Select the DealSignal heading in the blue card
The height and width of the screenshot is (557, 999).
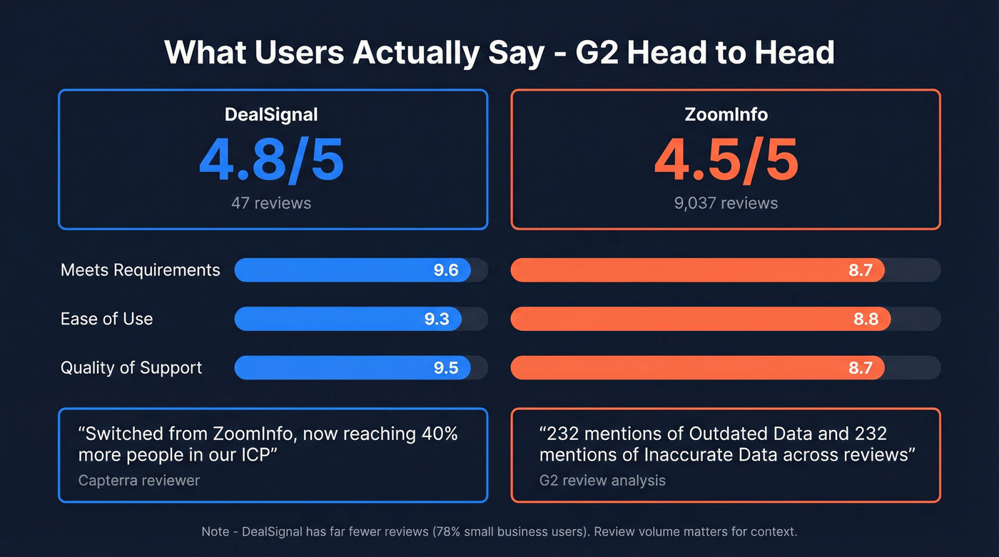pyautogui.click(x=271, y=114)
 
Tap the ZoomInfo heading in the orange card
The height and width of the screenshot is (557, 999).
pyautogui.click(x=726, y=114)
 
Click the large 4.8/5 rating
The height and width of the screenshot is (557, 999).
pyautogui.click(x=271, y=160)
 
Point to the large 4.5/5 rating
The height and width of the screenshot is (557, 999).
pyautogui.click(x=726, y=160)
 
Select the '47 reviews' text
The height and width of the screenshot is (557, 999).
pyautogui.click(x=271, y=203)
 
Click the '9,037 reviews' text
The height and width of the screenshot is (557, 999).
pyautogui.click(x=726, y=203)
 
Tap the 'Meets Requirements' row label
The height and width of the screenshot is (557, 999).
pyautogui.click(x=141, y=270)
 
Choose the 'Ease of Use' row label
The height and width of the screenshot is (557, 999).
pyautogui.click(x=106, y=319)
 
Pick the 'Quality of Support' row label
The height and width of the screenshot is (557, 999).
pyautogui.click(x=131, y=368)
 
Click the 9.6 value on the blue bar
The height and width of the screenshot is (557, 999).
pyautogui.click(x=446, y=270)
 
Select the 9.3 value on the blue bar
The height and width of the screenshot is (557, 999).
pyautogui.click(x=437, y=319)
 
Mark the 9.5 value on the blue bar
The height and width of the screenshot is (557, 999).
pyautogui.click(x=446, y=368)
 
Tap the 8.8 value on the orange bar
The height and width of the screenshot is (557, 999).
pyautogui.click(x=866, y=319)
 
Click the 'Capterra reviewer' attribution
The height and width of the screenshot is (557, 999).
pyautogui.click(x=139, y=480)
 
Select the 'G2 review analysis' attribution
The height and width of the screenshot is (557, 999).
pyautogui.click(x=602, y=480)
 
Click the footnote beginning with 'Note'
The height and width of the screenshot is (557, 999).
pyautogui.click(x=499, y=531)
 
